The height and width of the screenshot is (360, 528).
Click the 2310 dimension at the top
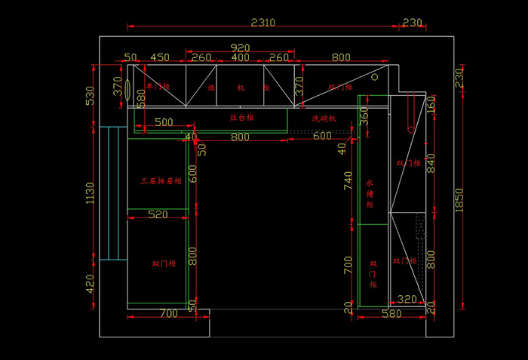coord(262,23)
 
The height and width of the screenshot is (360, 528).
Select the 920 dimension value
coord(240,47)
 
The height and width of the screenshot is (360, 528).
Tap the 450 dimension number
coord(160,57)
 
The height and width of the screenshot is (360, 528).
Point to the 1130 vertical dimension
coord(90,192)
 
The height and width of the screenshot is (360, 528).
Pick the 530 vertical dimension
coord(90,96)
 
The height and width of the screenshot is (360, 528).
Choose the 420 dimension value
coord(90,284)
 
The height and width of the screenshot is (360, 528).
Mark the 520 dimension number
coord(158,215)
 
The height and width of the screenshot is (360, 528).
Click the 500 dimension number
coord(164,122)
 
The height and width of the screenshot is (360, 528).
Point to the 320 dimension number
coord(407,300)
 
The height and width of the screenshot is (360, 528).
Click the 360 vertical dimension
coord(364,115)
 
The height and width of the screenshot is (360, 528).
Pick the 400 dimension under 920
coord(240,57)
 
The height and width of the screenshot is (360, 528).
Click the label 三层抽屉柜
coord(161,181)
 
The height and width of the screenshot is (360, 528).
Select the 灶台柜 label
coord(241,118)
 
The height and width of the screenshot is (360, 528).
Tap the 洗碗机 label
coord(324,118)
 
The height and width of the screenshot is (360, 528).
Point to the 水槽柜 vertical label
coord(370,193)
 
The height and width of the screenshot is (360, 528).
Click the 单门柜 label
coord(158,87)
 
